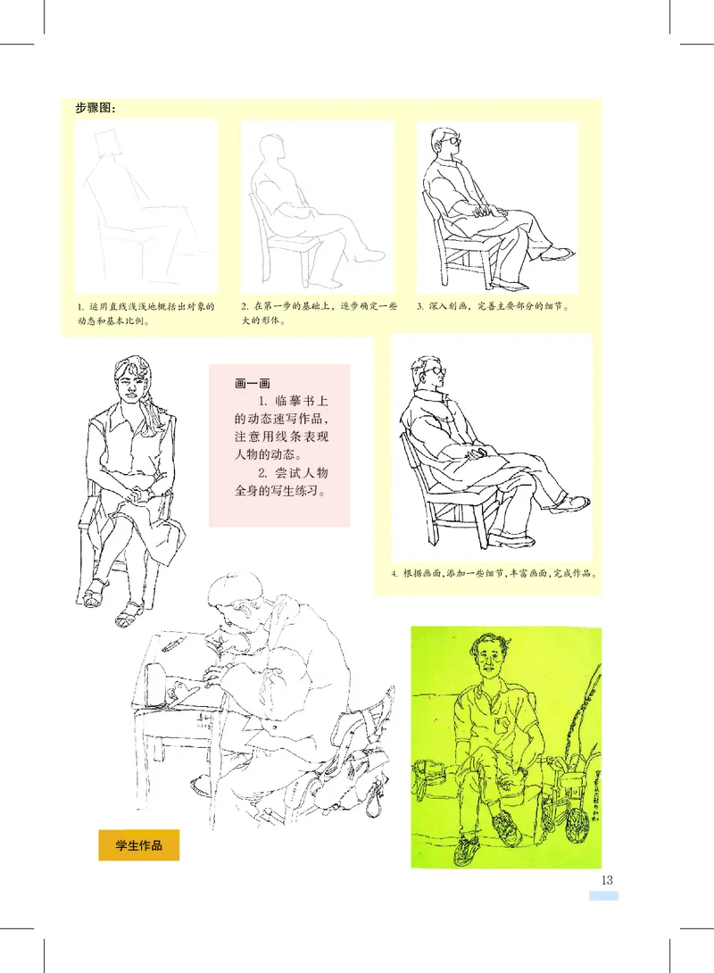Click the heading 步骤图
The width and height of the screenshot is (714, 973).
[95, 109]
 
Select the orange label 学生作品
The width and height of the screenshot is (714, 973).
[138, 844]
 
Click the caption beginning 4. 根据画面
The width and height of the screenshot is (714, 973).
[494, 573]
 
